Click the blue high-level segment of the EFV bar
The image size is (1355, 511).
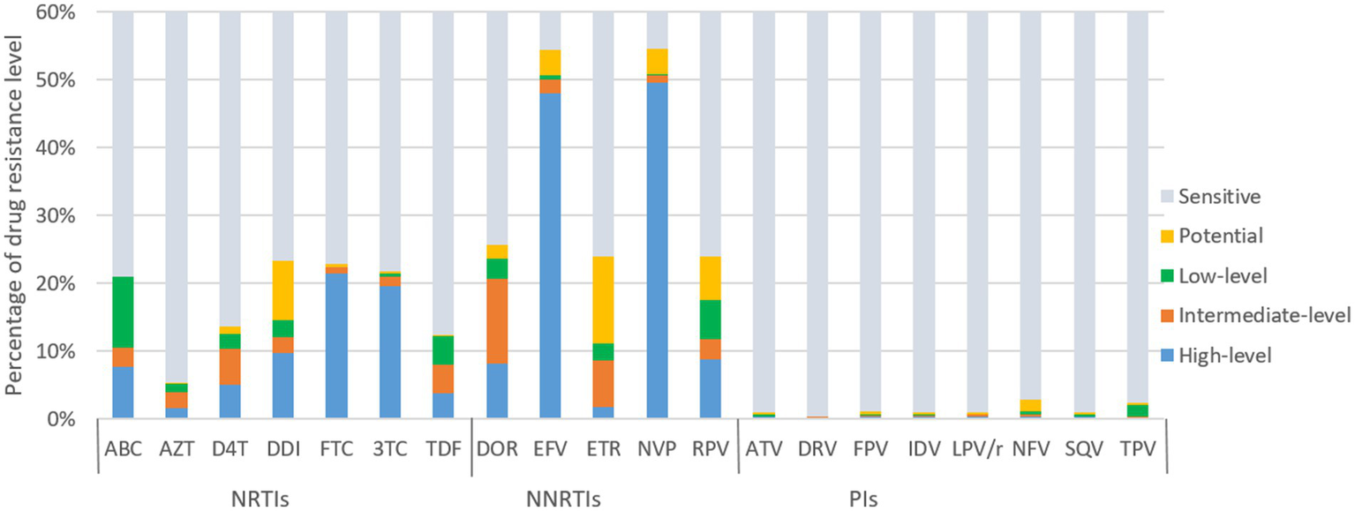[550, 256]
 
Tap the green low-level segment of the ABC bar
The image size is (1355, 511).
[122, 312]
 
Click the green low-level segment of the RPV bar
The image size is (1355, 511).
[710, 319]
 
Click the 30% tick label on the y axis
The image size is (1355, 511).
[63, 216]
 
